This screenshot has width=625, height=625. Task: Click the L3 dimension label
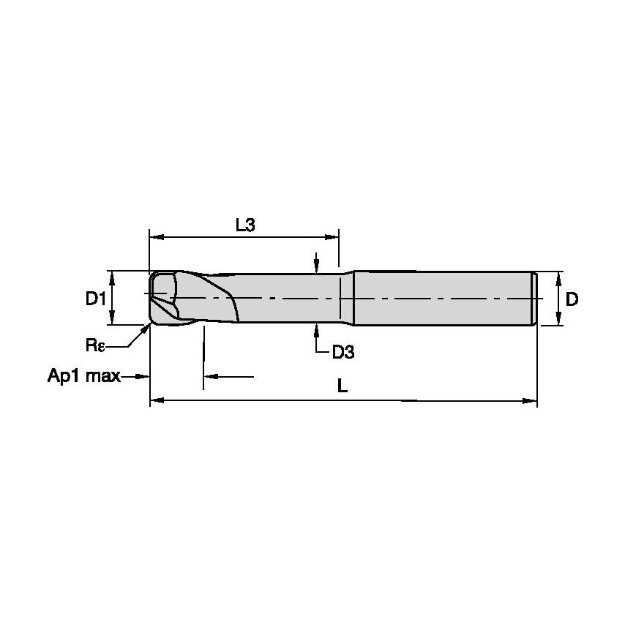(x=245, y=225)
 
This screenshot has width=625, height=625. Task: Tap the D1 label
(x=96, y=298)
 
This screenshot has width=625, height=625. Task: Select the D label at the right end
(x=572, y=299)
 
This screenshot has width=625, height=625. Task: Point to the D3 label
(x=343, y=352)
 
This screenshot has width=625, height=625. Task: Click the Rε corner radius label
(x=95, y=345)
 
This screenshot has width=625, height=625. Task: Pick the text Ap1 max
(x=84, y=375)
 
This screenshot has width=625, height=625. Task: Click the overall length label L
(x=343, y=386)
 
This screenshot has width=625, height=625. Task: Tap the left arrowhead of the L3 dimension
(x=157, y=238)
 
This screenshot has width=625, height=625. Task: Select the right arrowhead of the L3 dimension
(x=332, y=237)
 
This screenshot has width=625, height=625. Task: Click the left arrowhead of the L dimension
(x=157, y=400)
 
